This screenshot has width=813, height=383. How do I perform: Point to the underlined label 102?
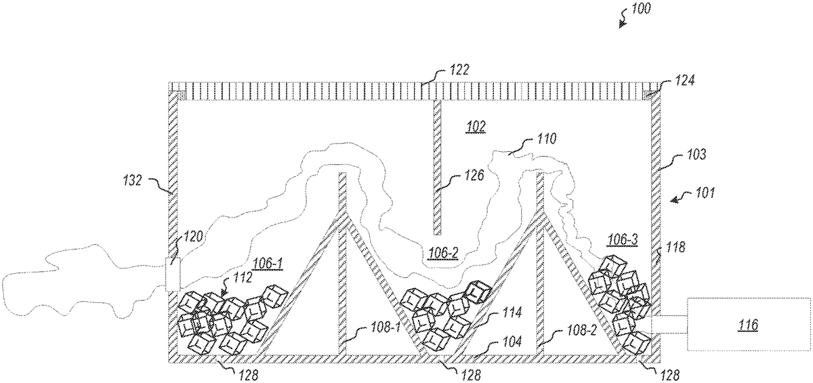(476, 126)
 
